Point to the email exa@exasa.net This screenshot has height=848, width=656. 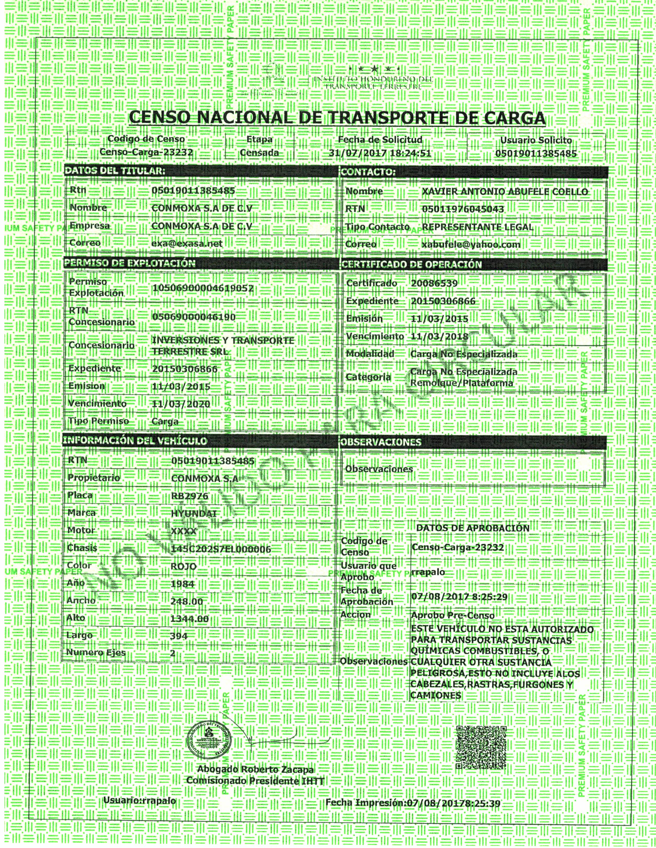coord(187,243)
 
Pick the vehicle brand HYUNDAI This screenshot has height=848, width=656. coord(194,513)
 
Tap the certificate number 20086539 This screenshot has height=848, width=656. coord(434,283)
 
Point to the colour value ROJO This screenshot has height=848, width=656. coord(184,566)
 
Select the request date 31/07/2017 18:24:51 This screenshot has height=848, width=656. coord(380,153)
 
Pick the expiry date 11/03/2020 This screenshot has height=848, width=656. coord(181,404)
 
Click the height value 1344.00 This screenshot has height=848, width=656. coord(190,619)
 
